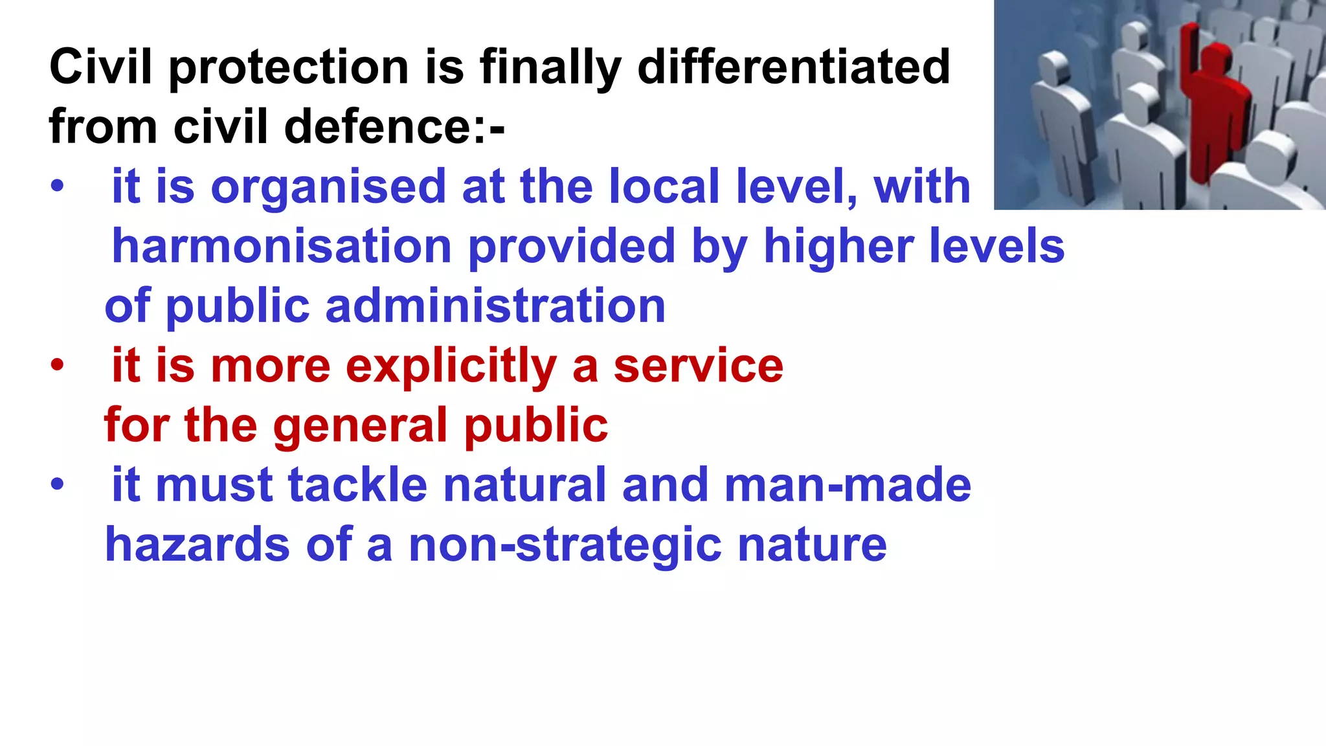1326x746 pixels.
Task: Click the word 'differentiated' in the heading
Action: [x=794, y=67]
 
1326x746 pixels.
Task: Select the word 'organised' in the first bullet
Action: [x=328, y=187]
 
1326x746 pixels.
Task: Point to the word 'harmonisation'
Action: [x=282, y=246]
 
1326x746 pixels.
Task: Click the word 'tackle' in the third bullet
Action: [x=357, y=485]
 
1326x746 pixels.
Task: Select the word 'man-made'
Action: [x=848, y=485]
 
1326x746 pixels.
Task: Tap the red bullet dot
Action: [x=58, y=365]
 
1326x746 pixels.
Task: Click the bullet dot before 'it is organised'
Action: [x=58, y=186]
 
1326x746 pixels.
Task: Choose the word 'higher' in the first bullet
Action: [x=838, y=246]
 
